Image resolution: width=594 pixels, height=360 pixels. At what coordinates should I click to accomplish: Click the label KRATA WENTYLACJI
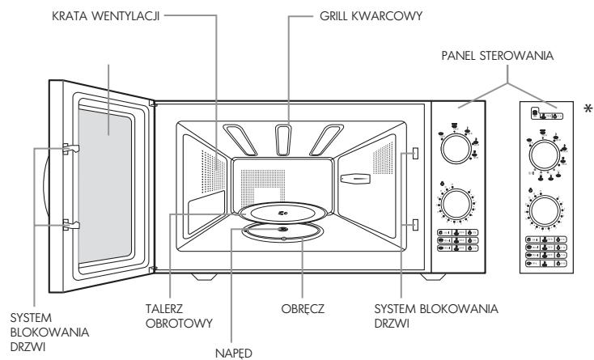coord(105,16)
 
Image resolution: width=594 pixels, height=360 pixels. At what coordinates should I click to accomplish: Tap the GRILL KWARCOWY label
coord(371,16)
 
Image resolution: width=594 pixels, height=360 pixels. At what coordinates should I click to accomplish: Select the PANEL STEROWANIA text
coord(498,56)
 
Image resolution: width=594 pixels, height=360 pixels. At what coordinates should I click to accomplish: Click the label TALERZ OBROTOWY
coord(179,316)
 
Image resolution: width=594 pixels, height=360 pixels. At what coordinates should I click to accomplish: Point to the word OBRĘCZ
coord(303,308)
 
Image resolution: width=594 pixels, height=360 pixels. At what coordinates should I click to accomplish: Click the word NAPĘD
coord(234,353)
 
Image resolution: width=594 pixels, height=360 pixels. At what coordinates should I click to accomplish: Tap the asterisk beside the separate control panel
coord(588,109)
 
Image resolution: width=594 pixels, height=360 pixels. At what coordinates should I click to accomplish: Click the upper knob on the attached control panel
coord(456,149)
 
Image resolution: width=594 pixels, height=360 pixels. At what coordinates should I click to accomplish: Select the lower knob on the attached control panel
coord(456,205)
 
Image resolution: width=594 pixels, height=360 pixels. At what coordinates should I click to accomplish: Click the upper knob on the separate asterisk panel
coord(545,155)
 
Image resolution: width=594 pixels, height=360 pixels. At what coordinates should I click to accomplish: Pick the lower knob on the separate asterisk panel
coord(545,211)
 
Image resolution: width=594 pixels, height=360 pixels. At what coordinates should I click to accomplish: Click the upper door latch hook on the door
coord(71,149)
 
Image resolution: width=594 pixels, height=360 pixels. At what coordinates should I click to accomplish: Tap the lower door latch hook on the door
coord(71,224)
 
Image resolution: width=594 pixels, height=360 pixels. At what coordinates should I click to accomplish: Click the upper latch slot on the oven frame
coord(415,153)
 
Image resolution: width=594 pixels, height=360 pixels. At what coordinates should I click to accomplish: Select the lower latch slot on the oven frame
coord(415,224)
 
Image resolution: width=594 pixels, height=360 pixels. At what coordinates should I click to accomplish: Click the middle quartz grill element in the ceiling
coord(283,140)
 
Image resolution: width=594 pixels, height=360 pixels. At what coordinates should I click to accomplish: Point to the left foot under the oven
coord(204,277)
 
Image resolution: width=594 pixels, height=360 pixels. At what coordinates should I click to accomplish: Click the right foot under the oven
coord(433,277)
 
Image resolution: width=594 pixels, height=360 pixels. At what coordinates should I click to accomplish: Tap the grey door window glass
coord(105,186)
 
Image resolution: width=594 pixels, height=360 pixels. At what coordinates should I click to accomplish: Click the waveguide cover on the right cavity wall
coord(355,179)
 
